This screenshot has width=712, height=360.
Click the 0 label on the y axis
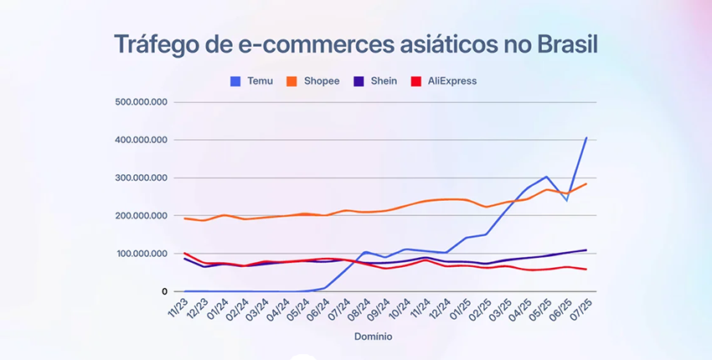tap(165, 291)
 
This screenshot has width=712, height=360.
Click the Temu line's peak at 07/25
tap(586, 137)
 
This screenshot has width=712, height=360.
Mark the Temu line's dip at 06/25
tap(566, 201)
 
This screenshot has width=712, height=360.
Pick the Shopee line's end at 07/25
tap(586, 183)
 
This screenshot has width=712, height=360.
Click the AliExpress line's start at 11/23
tap(184, 253)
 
